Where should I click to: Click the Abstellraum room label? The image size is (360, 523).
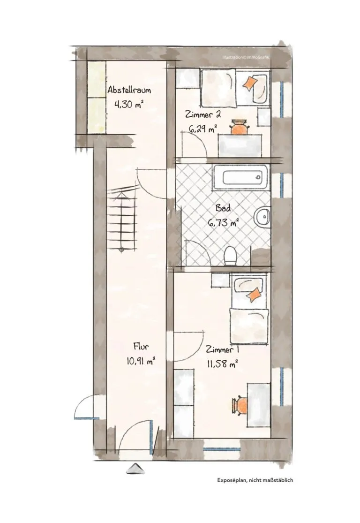129,90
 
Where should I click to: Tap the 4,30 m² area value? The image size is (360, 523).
128,104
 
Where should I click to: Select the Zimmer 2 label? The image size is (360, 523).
203,114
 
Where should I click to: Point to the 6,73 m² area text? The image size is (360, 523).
223,222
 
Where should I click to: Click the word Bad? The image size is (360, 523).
223,208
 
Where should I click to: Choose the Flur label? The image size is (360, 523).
141,346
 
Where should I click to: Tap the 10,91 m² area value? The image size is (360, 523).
141,361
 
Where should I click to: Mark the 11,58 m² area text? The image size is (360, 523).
222,364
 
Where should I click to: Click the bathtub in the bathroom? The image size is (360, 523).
240,177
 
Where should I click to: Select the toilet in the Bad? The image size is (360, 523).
230,256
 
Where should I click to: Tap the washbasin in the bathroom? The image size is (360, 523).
262,217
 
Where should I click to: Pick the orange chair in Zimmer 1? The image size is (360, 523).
240,406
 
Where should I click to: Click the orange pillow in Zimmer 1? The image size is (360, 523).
254,295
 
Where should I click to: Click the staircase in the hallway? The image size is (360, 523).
122,219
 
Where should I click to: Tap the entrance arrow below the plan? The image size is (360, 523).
135,469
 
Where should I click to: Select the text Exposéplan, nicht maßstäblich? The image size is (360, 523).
255,480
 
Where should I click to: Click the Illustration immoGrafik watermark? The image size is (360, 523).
246,57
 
